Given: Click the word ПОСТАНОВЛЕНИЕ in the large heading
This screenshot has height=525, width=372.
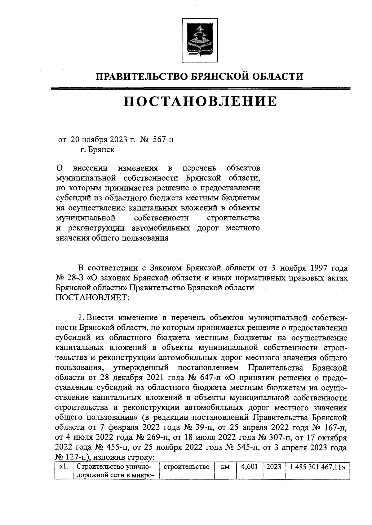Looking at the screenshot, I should click(200, 102).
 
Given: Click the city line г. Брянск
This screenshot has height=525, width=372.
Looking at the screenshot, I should click(97, 150).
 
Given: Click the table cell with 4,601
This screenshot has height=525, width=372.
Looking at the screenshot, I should click(250, 466).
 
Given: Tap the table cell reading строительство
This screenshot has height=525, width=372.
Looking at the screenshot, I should click(186, 466).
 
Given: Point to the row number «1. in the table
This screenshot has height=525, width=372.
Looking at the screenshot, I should click(64, 466).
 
